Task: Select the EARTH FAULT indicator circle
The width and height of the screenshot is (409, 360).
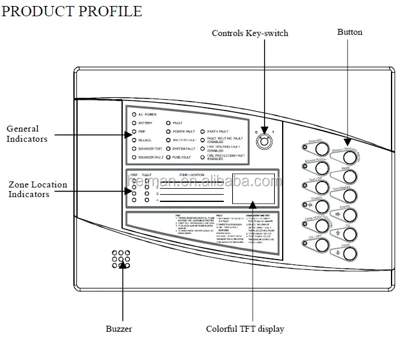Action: click(202, 130)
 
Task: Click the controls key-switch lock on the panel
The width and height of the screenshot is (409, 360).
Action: click(263, 141)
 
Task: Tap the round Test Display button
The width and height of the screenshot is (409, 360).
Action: click(350, 195)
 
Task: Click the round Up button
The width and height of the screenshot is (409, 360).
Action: click(350, 233)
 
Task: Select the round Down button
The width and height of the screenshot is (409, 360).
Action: click(350, 252)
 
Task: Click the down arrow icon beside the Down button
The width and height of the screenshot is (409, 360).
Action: click(338, 252)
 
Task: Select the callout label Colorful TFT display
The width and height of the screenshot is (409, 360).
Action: click(245, 329)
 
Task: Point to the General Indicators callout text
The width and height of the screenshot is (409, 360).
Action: click(23, 133)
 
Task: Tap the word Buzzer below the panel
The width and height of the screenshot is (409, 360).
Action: click(118, 329)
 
